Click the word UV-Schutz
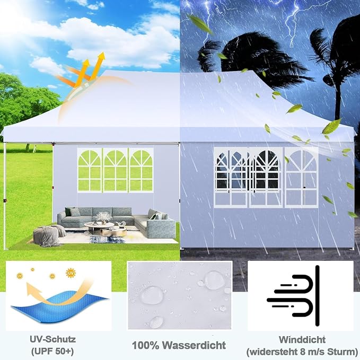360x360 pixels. click(52, 339)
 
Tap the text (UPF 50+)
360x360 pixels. click(52, 351)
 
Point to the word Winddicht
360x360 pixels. click(302, 339)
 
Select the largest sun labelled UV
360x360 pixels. click(71, 273)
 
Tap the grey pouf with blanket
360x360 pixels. click(49, 235)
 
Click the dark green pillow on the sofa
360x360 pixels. click(68, 212)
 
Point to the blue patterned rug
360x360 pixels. click(108, 240)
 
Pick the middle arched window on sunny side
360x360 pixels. click(115, 170)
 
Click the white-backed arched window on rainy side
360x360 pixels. click(301, 177)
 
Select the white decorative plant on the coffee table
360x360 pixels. click(104, 217)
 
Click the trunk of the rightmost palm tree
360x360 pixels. click(338, 92)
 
